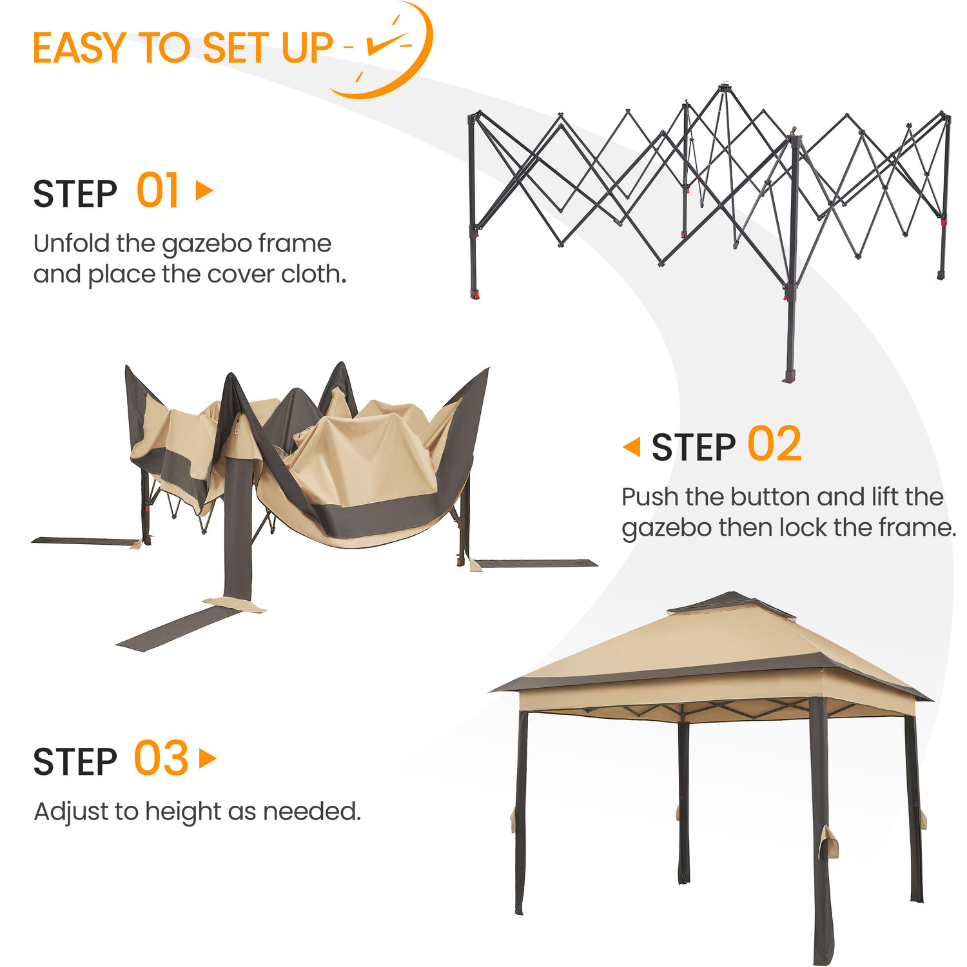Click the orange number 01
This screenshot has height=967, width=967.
coord(157,191)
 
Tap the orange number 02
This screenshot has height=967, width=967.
coord(774,444)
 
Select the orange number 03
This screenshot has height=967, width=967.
coord(161,758)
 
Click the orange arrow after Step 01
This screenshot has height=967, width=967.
coord(204,190)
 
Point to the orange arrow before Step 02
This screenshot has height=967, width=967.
coord(632,447)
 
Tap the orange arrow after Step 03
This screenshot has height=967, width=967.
coord(208,759)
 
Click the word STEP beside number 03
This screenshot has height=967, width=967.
coord(75,762)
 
